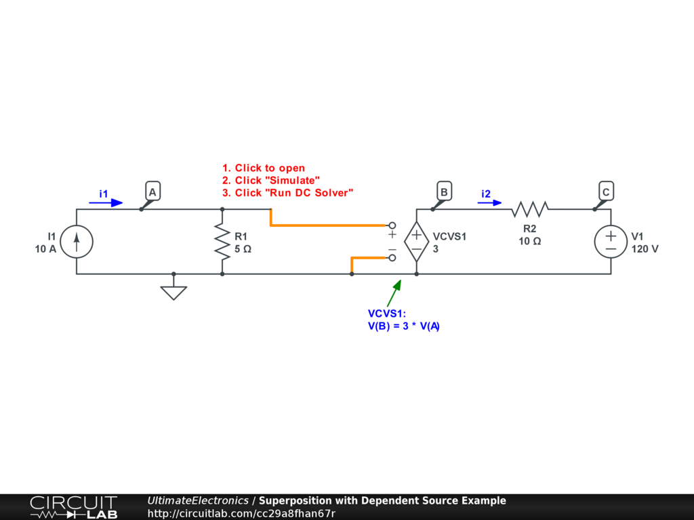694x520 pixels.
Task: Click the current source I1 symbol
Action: (77, 242)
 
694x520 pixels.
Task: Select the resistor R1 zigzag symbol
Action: (222, 242)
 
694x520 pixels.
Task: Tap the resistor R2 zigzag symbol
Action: (530, 209)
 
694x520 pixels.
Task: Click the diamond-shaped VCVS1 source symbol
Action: (416, 242)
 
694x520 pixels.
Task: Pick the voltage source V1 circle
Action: (611, 242)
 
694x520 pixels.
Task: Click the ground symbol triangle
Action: (173, 292)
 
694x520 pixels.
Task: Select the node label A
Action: (152, 193)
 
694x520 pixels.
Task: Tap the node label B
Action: (444, 193)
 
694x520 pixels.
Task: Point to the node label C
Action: (606, 193)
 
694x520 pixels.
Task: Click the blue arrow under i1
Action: (106, 202)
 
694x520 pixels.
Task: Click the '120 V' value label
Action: (645, 248)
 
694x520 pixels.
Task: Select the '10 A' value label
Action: (45, 248)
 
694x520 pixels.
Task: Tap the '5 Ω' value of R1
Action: (243, 248)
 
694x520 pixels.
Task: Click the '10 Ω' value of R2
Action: (529, 241)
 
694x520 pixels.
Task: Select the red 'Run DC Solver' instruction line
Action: (288, 193)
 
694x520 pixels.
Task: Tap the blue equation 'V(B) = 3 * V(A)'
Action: (403, 326)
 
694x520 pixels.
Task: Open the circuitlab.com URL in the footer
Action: (241, 513)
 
